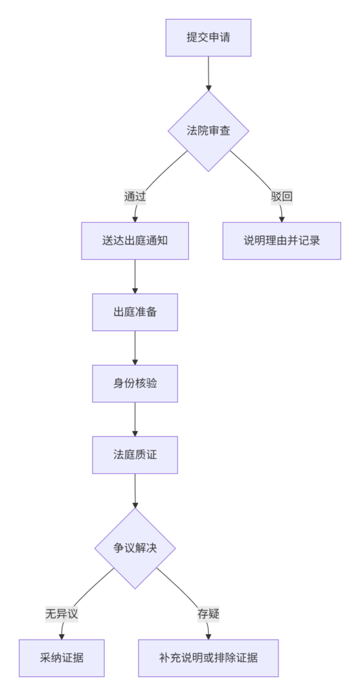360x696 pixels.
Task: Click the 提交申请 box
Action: tap(209, 38)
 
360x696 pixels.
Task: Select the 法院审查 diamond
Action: tap(209, 131)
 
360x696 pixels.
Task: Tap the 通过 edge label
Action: tap(134, 196)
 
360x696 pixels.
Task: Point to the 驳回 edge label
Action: tap(281, 196)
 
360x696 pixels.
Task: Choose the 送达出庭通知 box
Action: tap(134, 241)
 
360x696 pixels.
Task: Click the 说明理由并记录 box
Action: tap(281, 241)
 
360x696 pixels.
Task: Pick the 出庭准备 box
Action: tap(134, 312)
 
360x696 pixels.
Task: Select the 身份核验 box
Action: tap(134, 383)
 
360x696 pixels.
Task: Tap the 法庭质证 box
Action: tap(134, 455)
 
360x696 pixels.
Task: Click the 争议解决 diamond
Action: tap(134, 549)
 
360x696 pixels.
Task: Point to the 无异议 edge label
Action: tap(62, 614)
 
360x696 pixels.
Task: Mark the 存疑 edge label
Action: tap(209, 614)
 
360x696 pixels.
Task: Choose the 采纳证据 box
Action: tap(62, 658)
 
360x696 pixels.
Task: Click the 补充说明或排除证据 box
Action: tap(209, 658)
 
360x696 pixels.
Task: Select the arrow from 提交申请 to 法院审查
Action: tap(209, 73)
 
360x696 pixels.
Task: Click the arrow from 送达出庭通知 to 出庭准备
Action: tap(134, 277)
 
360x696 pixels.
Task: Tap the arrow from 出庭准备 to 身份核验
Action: tap(134, 348)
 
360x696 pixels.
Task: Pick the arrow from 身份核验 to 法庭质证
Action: tap(134, 419)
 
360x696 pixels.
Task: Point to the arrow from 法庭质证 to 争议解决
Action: tap(134, 491)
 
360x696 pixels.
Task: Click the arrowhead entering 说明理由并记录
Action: tap(281, 220)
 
